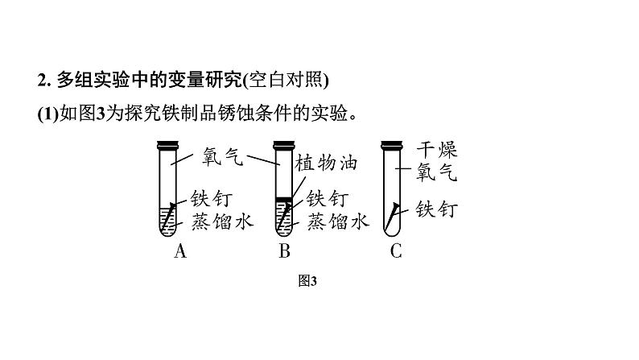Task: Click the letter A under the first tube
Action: (180, 251)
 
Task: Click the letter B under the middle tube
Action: (284, 251)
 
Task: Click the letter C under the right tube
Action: (395, 251)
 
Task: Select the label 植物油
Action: (326, 163)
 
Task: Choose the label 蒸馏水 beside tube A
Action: (221, 221)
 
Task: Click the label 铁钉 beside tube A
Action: (210, 198)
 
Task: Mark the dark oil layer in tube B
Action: (282, 199)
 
